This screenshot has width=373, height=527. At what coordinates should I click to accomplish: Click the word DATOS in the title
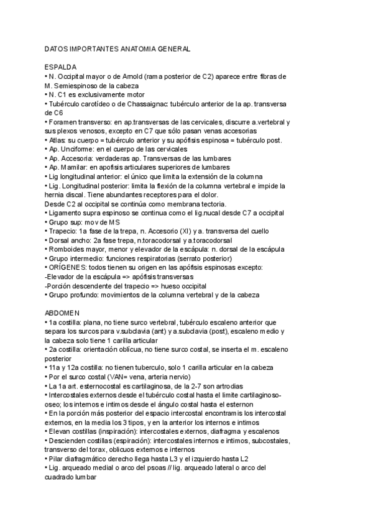tap(57, 48)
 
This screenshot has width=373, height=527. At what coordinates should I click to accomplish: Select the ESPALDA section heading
tap(61, 66)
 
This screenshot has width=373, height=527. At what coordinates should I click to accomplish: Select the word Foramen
tap(63, 122)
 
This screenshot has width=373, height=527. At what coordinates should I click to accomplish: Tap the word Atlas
tap(57, 140)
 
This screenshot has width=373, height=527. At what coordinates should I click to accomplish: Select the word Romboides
tap(68, 250)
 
